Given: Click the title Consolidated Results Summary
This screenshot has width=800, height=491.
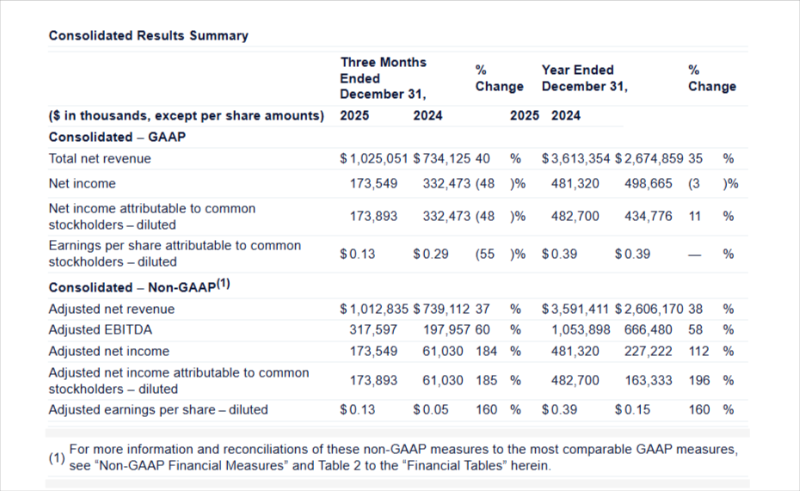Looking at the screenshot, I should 148,35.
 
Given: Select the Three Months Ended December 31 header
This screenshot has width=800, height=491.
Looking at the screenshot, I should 383,77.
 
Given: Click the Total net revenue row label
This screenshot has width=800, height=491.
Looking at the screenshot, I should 100,158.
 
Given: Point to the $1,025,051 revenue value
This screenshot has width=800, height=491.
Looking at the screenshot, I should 372,158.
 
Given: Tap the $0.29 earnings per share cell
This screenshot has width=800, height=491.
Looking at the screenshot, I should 430,254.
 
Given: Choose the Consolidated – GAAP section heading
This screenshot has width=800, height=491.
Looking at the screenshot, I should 118,137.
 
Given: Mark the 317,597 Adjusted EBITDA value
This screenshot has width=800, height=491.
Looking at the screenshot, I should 373,329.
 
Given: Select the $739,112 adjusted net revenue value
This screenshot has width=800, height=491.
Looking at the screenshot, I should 440,309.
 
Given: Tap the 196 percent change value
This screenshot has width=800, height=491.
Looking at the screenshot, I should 699,380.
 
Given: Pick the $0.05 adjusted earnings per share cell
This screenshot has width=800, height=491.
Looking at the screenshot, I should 430,409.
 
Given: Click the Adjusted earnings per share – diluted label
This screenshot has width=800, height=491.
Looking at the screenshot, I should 158,409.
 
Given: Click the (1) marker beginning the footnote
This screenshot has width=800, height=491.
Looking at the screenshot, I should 56,457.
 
